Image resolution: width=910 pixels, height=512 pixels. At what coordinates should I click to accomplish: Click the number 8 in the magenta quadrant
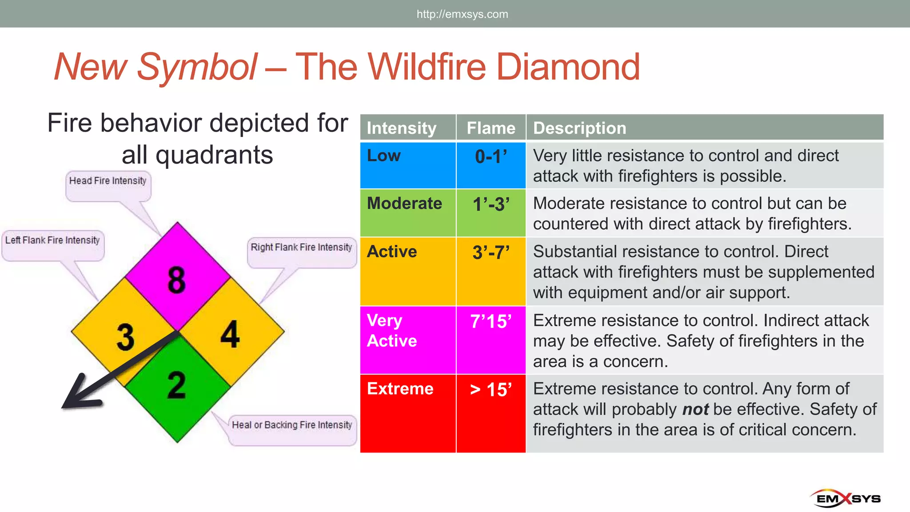(x=177, y=280)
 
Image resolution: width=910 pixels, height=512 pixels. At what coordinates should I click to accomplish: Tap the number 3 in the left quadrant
(x=125, y=337)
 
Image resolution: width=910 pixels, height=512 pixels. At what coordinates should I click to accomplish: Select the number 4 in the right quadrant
(x=230, y=334)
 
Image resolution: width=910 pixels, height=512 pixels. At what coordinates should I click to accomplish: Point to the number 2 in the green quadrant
(x=177, y=385)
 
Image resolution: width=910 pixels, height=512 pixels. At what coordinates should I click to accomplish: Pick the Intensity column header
(x=402, y=128)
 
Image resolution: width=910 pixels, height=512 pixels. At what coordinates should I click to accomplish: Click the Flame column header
(x=491, y=128)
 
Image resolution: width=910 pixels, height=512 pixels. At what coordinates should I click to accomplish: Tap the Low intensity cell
(x=384, y=156)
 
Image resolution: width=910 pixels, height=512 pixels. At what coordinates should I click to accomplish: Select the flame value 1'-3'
(x=491, y=204)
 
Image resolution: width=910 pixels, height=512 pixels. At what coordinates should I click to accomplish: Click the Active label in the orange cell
(x=392, y=252)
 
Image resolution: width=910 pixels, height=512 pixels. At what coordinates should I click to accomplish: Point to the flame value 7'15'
(x=491, y=321)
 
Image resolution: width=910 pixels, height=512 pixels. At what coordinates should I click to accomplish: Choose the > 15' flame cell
(x=491, y=390)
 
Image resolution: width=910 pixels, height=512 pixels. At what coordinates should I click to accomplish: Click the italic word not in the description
(x=695, y=409)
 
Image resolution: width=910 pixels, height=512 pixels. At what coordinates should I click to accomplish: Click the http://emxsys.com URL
(x=462, y=14)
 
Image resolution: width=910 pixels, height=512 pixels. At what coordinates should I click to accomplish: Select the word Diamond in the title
(x=568, y=67)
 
